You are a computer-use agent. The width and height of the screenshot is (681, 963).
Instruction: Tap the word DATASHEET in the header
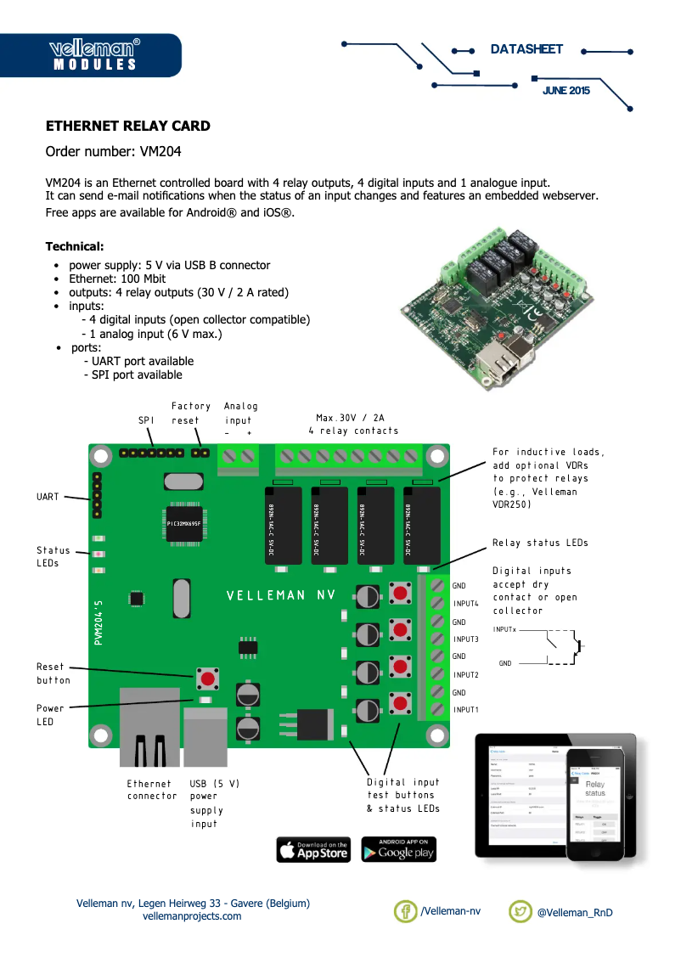pyautogui.click(x=526, y=49)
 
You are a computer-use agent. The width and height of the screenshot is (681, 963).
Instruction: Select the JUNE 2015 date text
pyautogui.click(x=566, y=90)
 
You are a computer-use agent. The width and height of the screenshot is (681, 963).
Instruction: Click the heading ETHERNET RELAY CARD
pyautogui.click(x=128, y=127)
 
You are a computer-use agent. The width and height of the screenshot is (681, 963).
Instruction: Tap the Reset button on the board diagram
pyautogui.click(x=206, y=678)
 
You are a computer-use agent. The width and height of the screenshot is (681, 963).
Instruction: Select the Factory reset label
pyautogui.click(x=191, y=414)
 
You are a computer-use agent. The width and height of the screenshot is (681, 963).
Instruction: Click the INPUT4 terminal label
pyautogui.click(x=466, y=603)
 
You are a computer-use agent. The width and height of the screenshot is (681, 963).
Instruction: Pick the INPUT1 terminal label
pyautogui.click(x=466, y=709)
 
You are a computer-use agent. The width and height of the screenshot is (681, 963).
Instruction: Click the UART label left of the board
pyautogui.click(x=48, y=497)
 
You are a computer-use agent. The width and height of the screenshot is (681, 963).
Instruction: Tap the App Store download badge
pyautogui.click(x=313, y=849)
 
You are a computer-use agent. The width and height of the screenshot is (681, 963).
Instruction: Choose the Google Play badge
pyautogui.click(x=398, y=849)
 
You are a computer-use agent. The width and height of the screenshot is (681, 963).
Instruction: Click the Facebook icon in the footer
pyautogui.click(x=406, y=911)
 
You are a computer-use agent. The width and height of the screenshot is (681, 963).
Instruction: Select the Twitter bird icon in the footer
pyautogui.click(x=521, y=911)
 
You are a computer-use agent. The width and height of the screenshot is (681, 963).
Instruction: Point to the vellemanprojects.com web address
pyautogui.click(x=192, y=916)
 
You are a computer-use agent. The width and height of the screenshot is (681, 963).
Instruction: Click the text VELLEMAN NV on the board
pyautogui.click(x=281, y=595)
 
